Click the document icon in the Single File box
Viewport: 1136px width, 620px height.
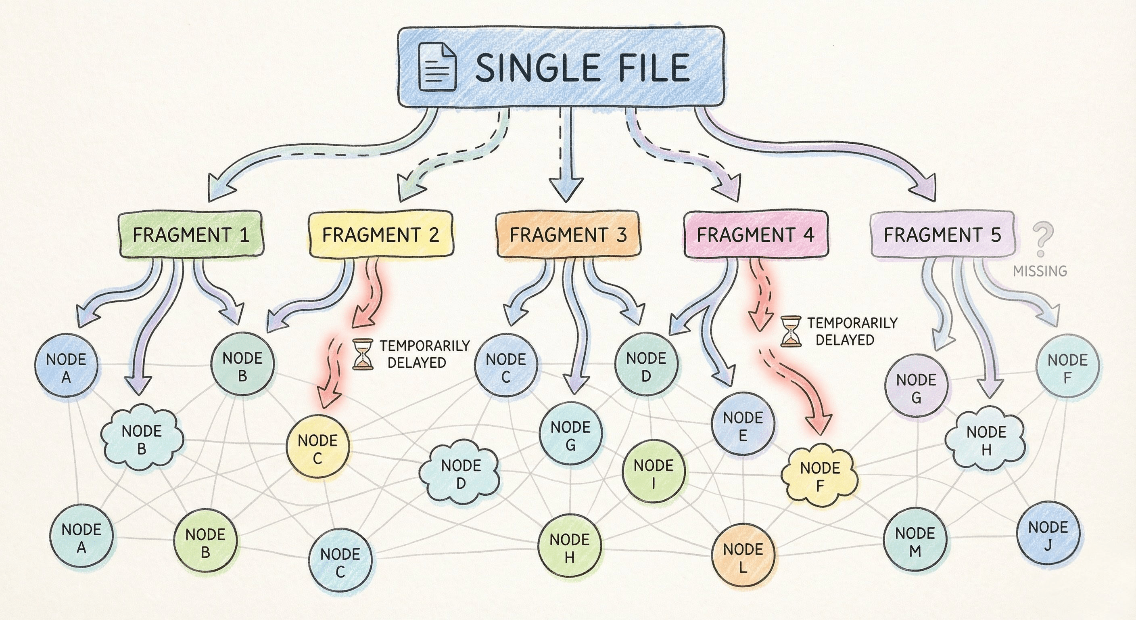[437, 67]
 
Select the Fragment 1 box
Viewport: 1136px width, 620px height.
[191, 235]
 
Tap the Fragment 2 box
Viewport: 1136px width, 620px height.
[380, 235]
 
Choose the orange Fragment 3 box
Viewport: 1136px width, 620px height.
[568, 235]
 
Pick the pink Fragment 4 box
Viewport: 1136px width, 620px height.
[756, 235]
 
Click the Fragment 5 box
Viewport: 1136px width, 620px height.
[942, 235]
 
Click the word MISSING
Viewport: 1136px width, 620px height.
[1040, 271]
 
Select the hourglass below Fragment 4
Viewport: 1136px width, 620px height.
[790, 331]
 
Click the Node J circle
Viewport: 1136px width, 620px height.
[1048, 533]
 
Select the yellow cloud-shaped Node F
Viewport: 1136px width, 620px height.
[820, 475]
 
